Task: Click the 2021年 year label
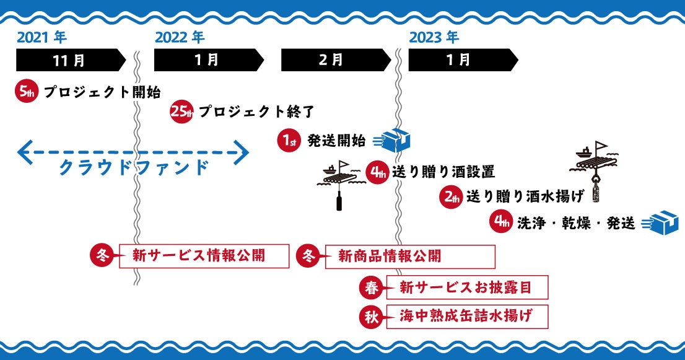[41, 38]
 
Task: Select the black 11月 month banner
[71, 60]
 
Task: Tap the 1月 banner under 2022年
[209, 60]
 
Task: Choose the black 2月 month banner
[336, 60]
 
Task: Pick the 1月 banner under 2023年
[463, 60]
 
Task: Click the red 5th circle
[27, 91]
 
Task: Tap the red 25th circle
[181, 112]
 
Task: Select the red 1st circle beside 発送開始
[289, 140]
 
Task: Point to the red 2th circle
[451, 196]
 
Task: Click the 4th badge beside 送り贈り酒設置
[377, 172]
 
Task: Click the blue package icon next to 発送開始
[392, 140]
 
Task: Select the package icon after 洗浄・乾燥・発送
[660, 223]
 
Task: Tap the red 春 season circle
[372, 288]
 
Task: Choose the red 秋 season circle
[372, 317]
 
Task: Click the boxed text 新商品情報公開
[390, 256]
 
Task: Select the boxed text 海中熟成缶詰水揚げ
[466, 316]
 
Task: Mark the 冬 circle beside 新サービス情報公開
[102, 255]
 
